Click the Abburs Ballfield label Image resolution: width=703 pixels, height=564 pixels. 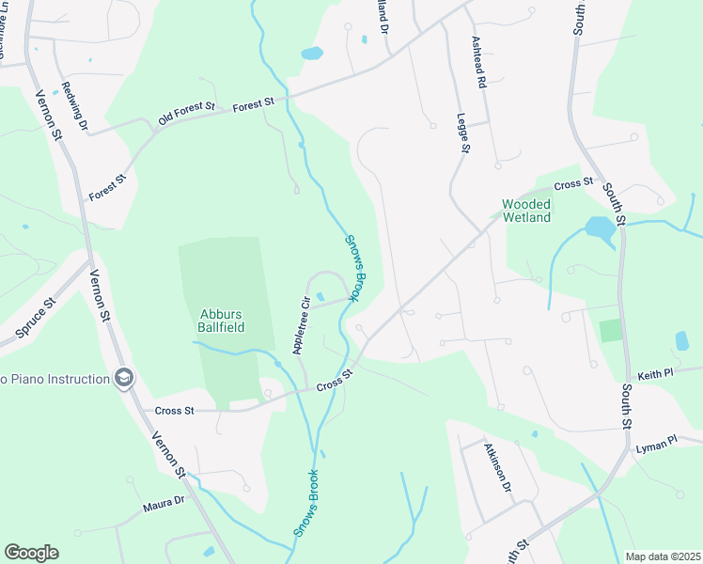(x=222, y=321)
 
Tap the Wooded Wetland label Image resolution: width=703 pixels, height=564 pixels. (x=526, y=211)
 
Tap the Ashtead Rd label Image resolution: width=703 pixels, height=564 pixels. (x=478, y=63)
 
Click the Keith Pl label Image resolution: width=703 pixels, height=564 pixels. (x=655, y=373)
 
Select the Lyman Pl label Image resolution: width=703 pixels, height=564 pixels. (x=656, y=441)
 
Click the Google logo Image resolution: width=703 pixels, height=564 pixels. (x=31, y=553)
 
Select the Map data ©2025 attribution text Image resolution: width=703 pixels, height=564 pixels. (x=662, y=556)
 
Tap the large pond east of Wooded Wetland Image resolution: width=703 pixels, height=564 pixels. (x=599, y=228)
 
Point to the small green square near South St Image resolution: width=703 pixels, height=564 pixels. (x=611, y=331)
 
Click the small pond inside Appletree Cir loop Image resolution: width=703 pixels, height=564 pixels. (x=320, y=298)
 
